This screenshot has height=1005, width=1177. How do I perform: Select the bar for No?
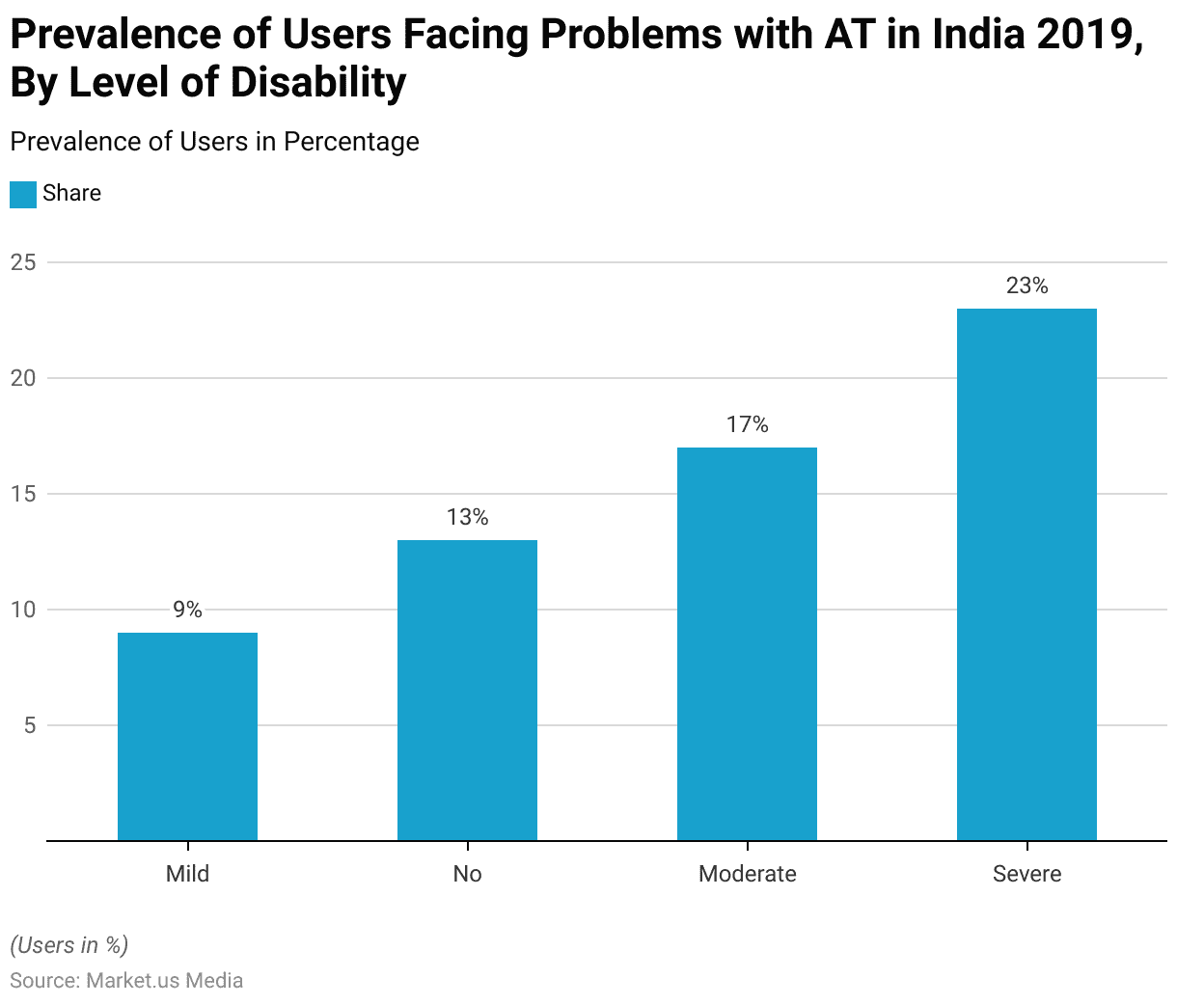[x=467, y=690]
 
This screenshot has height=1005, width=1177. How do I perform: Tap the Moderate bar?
[x=747, y=643]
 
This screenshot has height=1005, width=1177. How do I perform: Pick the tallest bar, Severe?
[x=1026, y=574]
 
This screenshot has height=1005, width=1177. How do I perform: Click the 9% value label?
[x=187, y=610]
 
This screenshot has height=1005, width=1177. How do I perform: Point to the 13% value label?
[x=467, y=517]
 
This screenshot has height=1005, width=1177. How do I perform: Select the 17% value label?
[x=747, y=424]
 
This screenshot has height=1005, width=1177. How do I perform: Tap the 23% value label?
[x=1026, y=285]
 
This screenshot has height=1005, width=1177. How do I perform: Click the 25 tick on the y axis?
[x=23, y=262]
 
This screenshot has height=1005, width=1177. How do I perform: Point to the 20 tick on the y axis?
[x=23, y=378]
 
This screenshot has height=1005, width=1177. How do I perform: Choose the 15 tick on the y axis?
[x=23, y=494]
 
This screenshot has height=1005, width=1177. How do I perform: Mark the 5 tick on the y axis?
[x=29, y=725]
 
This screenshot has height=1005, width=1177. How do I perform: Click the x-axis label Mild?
[x=187, y=874]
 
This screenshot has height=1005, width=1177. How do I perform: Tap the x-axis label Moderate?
[x=747, y=874]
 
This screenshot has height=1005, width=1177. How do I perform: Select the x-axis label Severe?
[x=1026, y=874]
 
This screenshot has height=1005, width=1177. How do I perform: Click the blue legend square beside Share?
[x=23, y=194]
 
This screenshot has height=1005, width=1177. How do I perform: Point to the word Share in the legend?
[x=71, y=193]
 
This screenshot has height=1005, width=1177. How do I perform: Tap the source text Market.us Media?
[x=164, y=981]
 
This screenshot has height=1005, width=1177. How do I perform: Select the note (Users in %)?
[x=68, y=945]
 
